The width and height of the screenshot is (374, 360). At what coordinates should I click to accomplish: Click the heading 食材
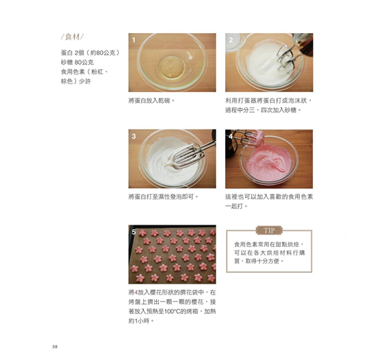[x=73, y=37]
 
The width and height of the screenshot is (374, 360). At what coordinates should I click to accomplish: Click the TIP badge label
[x=269, y=230]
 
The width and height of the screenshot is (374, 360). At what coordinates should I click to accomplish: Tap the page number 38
[x=55, y=346]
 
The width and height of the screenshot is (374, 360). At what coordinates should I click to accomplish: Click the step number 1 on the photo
[x=134, y=40]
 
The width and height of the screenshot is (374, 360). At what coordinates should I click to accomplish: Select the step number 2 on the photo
[x=231, y=40]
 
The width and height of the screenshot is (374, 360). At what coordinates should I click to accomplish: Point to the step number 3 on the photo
[x=134, y=136]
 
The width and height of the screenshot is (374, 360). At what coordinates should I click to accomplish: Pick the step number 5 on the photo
[x=134, y=232]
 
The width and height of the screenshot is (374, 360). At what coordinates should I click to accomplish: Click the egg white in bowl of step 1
[x=172, y=67]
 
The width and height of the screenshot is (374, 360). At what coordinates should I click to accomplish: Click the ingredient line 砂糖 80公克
[x=77, y=63]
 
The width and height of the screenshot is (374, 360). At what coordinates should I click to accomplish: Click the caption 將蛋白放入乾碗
[x=151, y=101]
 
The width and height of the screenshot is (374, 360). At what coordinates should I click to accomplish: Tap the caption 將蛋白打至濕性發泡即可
[x=163, y=197]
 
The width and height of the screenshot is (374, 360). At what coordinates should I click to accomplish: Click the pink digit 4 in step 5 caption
[x=136, y=292]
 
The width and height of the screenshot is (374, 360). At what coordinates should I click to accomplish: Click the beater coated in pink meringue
[x=257, y=138]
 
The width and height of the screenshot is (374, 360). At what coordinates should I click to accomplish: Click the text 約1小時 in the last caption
[x=141, y=320]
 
